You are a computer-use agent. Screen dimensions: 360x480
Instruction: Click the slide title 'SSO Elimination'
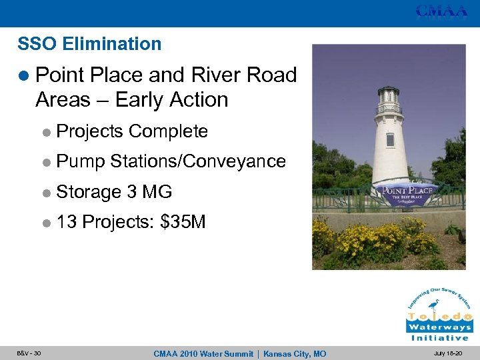89,44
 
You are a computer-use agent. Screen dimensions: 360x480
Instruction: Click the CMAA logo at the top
441,11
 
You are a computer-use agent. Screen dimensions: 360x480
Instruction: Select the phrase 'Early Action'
171,100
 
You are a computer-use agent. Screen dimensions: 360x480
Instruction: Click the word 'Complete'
168,132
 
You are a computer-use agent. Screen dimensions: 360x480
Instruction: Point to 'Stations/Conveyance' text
198,161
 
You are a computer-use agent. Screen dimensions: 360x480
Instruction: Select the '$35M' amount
183,222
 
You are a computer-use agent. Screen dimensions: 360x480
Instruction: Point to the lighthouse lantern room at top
389,100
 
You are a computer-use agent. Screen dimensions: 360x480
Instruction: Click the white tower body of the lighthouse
390,147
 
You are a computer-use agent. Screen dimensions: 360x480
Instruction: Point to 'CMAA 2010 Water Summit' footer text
204,353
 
